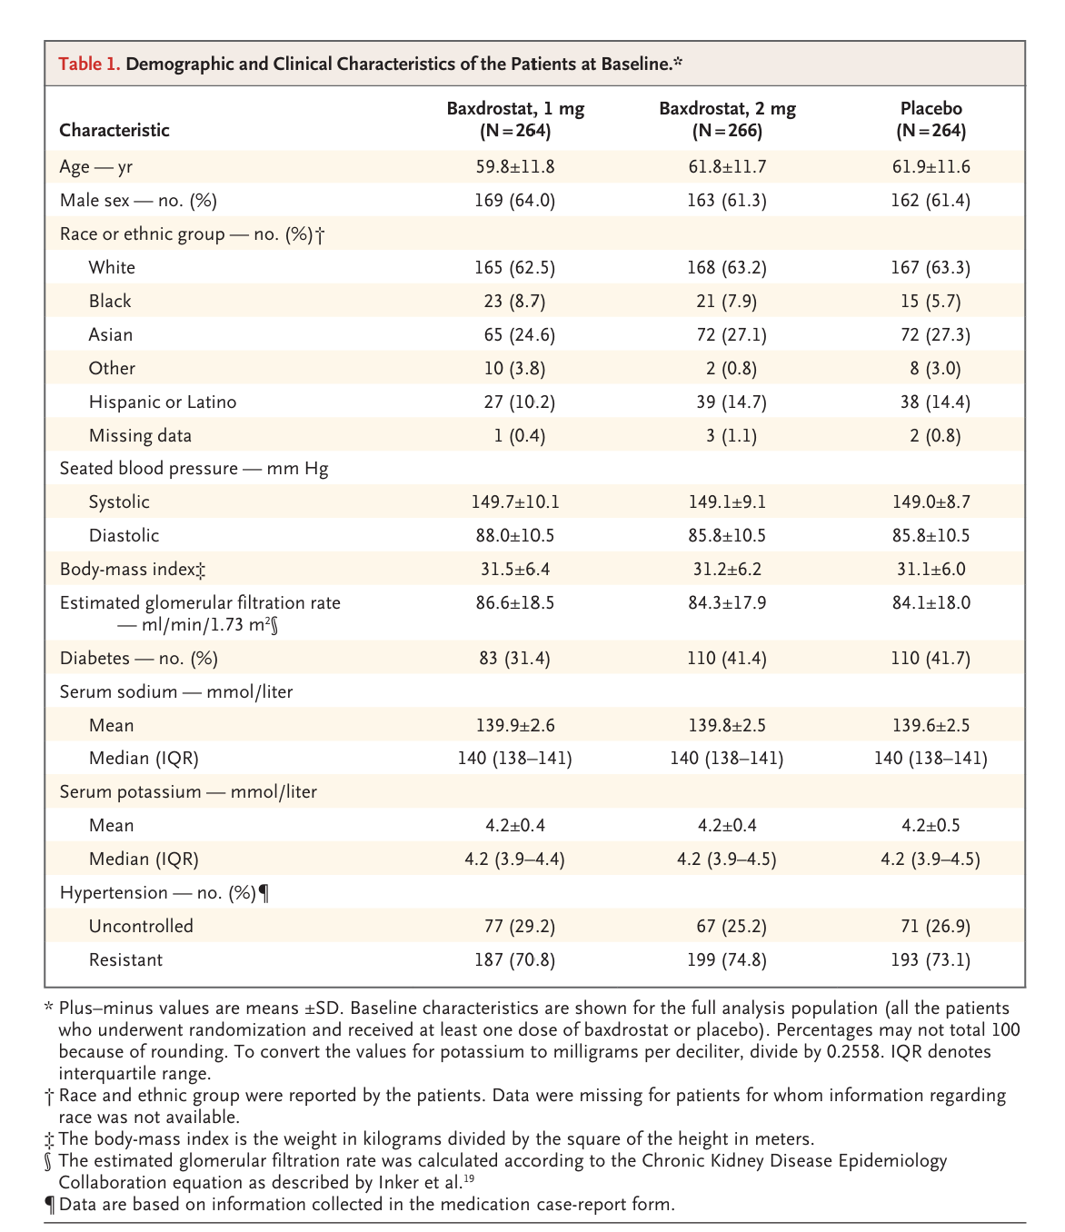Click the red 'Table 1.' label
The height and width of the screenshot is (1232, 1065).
click(89, 64)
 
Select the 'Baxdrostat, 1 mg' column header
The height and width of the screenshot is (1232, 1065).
click(515, 119)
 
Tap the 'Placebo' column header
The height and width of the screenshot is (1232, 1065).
click(931, 119)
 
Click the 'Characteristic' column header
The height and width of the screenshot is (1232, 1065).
click(114, 130)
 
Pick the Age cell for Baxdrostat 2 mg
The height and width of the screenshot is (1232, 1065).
click(727, 167)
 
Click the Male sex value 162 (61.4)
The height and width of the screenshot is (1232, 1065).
click(931, 201)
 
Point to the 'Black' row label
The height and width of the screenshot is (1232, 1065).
click(110, 302)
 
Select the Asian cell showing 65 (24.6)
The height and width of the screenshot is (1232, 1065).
click(519, 335)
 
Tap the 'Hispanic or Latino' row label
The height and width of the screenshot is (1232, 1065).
click(163, 402)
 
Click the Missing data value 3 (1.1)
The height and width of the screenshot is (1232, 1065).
click(727, 436)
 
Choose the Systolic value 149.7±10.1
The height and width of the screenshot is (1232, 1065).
click(515, 502)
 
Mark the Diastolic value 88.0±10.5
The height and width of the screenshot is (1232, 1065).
click(515, 536)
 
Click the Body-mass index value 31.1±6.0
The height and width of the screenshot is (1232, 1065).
click(931, 570)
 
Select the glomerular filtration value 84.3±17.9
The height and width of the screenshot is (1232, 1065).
click(727, 603)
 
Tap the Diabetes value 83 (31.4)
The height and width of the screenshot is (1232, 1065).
click(515, 659)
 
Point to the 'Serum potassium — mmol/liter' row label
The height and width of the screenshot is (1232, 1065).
click(188, 792)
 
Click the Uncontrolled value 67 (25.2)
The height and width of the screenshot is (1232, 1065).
click(727, 927)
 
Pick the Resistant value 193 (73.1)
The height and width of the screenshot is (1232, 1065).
click(931, 960)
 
